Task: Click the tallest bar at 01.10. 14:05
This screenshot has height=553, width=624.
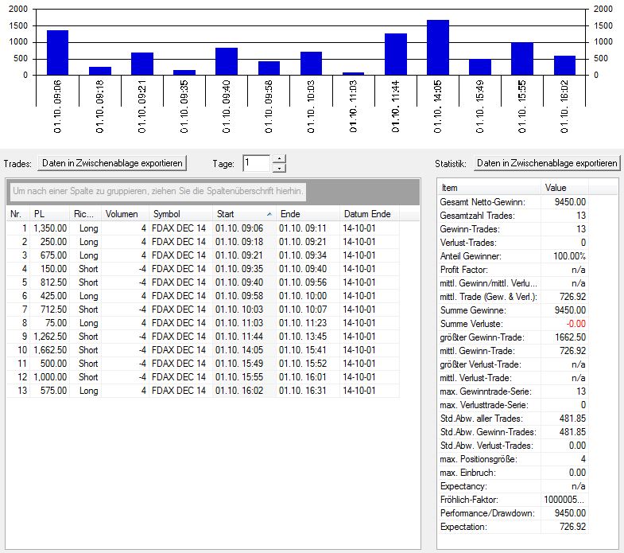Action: pos(438,48)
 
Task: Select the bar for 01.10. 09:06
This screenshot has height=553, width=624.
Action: pos(57,53)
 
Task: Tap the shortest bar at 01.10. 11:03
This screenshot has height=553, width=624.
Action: pos(353,73)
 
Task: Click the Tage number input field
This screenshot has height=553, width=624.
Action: pos(256,163)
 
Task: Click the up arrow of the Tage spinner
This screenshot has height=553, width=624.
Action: pos(278,159)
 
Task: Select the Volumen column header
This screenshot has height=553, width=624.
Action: pos(121,214)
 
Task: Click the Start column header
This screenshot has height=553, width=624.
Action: pos(243,214)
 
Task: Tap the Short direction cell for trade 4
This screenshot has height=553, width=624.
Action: pos(88,269)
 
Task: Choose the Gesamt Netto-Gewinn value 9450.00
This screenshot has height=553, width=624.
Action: pos(569,202)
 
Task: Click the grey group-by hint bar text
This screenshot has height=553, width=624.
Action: pos(157,192)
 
